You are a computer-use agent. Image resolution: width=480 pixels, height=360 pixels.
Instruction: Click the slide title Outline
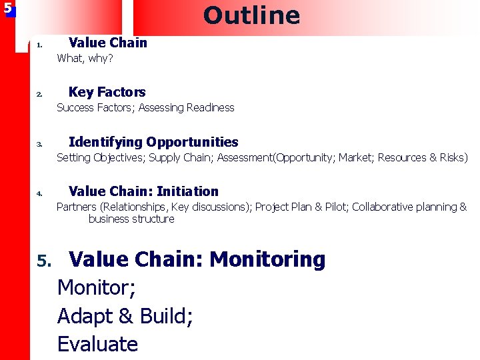tap(251, 15)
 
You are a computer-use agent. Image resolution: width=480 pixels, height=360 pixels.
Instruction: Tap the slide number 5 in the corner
tap(7, 9)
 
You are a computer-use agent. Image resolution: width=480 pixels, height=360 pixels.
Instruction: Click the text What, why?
tap(85, 59)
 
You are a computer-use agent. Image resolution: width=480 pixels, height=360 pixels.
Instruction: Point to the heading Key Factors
tap(107, 92)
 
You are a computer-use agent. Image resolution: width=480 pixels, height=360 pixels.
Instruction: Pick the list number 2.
tap(39, 95)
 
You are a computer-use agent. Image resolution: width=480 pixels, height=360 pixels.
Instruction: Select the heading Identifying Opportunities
tap(153, 142)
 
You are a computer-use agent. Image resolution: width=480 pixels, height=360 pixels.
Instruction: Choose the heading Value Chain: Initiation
tap(143, 191)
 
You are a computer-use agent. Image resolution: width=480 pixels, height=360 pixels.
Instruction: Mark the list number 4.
tap(39, 194)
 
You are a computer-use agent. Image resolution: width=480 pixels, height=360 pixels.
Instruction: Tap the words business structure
tap(131, 219)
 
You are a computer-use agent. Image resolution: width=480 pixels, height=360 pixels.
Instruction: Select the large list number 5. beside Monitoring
tap(43, 260)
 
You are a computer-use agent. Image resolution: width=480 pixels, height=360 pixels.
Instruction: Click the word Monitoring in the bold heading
tap(267, 259)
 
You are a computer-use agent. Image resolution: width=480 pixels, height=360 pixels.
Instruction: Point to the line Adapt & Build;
tap(125, 315)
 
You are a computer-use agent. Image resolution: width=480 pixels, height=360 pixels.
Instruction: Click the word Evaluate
tap(97, 344)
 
